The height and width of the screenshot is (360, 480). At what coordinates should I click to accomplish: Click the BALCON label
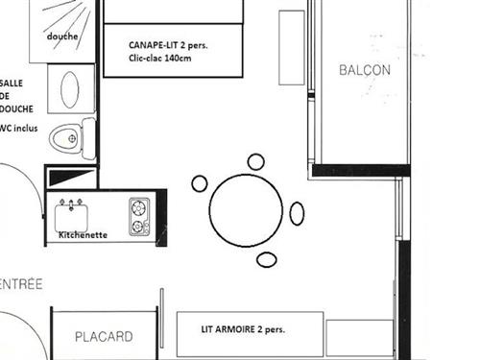365,70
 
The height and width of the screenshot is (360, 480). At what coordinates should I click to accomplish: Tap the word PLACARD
104,337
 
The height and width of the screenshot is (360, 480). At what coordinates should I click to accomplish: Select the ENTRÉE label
21,284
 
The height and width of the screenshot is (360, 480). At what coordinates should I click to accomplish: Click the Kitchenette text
83,234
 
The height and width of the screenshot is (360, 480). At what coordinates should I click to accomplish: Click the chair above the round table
256,162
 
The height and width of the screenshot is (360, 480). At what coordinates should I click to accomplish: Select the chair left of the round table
200,183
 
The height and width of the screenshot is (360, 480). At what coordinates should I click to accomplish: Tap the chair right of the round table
297,213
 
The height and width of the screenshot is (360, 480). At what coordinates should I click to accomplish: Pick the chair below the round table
267,259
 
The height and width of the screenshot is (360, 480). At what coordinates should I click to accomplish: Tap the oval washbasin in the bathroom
72,89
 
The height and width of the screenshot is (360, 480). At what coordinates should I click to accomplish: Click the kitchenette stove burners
140,216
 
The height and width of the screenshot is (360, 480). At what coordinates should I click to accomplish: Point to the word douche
62,36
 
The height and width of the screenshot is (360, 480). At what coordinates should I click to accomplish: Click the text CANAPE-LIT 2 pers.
169,44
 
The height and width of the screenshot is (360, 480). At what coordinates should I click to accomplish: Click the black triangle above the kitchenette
72,177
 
